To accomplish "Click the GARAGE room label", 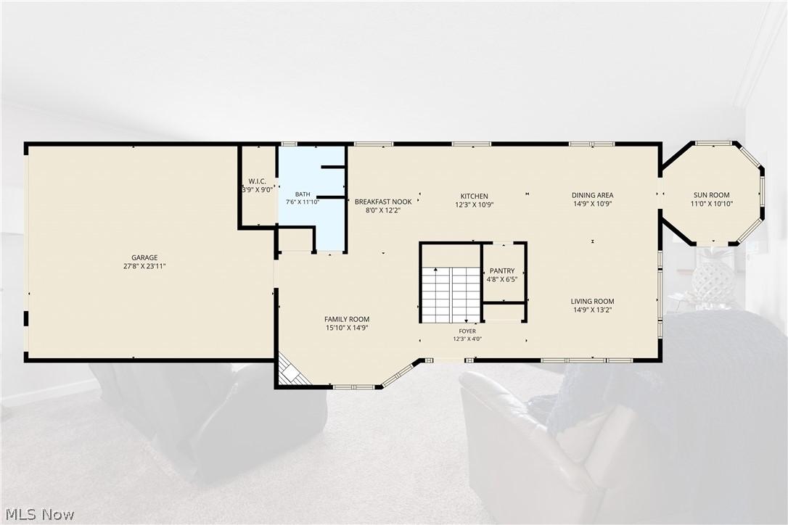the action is click(x=144, y=257).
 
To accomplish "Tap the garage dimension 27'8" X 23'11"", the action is click(x=144, y=266).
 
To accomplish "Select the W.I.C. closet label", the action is click(x=257, y=181).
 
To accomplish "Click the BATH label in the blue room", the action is click(x=303, y=194).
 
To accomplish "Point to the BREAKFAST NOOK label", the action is click(x=383, y=202).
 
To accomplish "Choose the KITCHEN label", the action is click(x=475, y=197).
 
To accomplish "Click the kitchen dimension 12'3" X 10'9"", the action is click(x=475, y=205).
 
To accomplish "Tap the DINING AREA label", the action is click(x=593, y=196).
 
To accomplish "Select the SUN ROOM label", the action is click(x=712, y=196).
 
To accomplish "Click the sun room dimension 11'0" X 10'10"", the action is click(x=712, y=204).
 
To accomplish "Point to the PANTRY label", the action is click(x=502, y=271).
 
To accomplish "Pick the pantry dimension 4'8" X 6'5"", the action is click(x=502, y=280).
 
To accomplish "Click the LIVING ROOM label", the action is click(x=593, y=302).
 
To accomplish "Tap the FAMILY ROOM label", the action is click(x=347, y=320).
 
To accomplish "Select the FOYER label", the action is click(x=467, y=331).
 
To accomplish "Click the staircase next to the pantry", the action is click(x=451, y=295).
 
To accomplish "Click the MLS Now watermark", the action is click(x=40, y=514).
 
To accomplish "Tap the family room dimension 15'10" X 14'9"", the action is click(x=347, y=328).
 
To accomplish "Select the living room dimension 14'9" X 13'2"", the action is click(x=593, y=310).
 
